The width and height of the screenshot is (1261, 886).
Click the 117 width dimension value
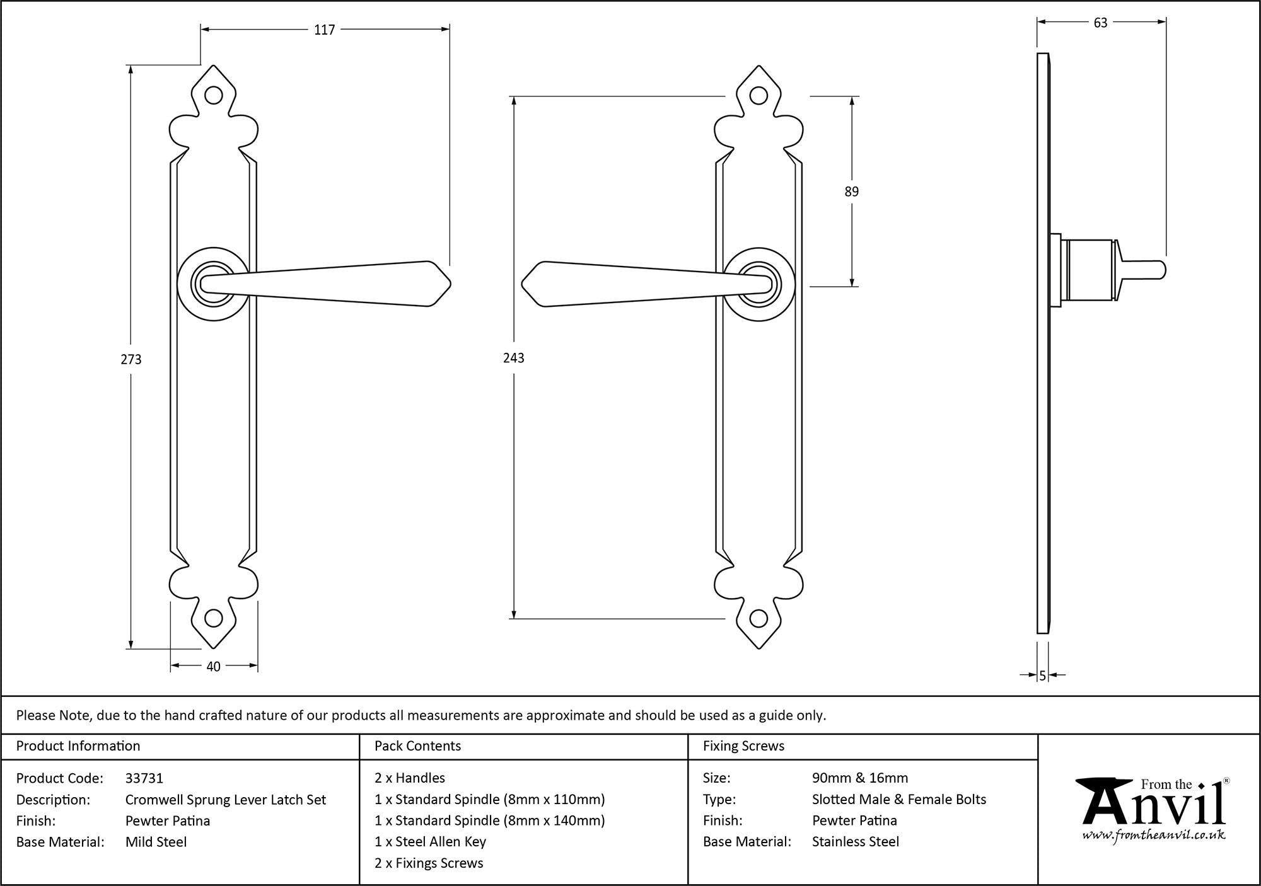click(325, 30)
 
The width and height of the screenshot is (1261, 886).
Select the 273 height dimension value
click(131, 359)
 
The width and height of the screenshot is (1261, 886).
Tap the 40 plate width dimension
click(213, 666)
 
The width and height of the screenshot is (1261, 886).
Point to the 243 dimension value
click(514, 358)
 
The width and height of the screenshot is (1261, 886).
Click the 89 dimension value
click(852, 192)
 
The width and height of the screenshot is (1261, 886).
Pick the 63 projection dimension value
click(1100, 23)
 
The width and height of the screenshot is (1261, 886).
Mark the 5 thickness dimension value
click(1043, 676)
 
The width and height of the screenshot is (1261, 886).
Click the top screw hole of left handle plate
click(214, 96)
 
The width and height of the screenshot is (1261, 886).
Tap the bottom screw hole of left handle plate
click(214, 618)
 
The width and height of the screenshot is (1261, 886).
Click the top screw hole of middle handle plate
click(759, 96)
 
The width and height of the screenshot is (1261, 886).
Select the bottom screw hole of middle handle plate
click(759, 618)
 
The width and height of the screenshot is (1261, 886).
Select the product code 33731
click(144, 778)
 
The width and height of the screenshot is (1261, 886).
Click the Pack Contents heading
click(417, 746)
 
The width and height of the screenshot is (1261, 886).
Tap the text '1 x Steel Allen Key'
click(430, 842)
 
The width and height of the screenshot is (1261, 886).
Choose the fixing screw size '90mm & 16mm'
click(860, 778)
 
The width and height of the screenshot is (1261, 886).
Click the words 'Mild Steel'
click(156, 842)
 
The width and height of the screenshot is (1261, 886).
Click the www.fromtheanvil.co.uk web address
click(1154, 836)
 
